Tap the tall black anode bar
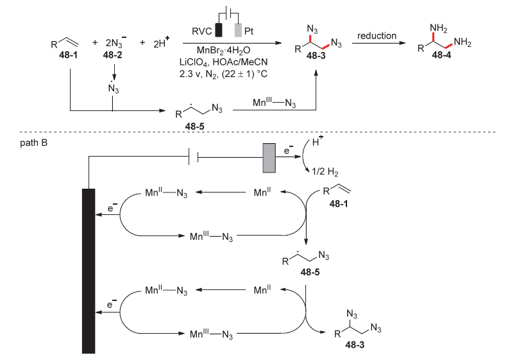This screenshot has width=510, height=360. tap(89, 270)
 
